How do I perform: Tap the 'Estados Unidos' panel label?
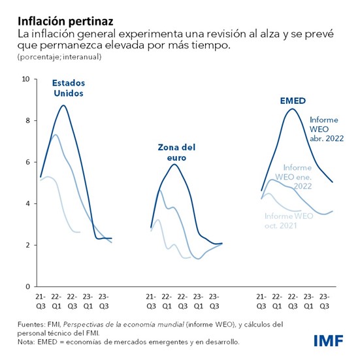[69, 88]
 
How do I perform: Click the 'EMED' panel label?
[293, 101]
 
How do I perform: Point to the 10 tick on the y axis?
[26, 79]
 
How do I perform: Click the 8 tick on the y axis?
[27, 121]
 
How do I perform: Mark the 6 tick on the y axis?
[27, 162]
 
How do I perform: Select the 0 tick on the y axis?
[27, 286]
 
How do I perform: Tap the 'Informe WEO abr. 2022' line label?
[327, 129]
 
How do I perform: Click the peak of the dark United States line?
[63, 105]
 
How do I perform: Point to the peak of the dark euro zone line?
[173, 164]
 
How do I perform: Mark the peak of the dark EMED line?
[291, 109]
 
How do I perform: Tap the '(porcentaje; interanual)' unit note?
[54, 57]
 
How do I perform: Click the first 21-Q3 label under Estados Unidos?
[41, 301]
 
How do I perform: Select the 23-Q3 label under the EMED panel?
[324, 301]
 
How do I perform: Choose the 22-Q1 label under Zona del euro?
[167, 301]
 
